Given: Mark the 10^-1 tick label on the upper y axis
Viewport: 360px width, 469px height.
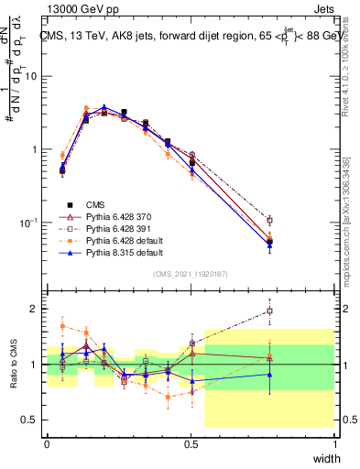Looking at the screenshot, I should click(29, 223).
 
